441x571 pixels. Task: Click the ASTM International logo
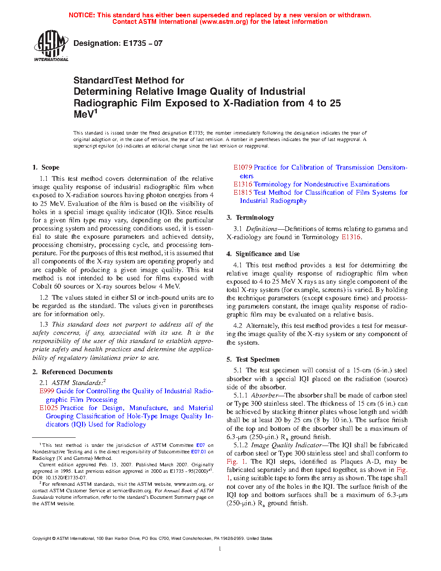[x=51, y=45]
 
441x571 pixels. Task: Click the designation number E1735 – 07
[x=143, y=43]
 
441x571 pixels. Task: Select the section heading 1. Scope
[x=46, y=167]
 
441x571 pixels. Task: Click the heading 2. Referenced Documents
[x=73, y=372]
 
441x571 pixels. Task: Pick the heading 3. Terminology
[x=250, y=218]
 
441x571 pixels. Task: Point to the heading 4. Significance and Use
[x=263, y=254]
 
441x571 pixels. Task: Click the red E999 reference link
[x=47, y=391]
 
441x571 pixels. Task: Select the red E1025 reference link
[x=48, y=408]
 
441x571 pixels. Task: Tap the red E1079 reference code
[x=243, y=167]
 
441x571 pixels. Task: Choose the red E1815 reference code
[x=243, y=192]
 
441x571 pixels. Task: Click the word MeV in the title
[x=83, y=115]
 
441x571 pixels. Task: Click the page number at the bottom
[x=220, y=549]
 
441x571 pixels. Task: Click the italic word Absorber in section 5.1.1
[x=265, y=395]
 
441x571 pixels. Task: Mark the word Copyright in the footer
[x=42, y=539]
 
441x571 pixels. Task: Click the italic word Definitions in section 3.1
[x=261, y=229]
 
